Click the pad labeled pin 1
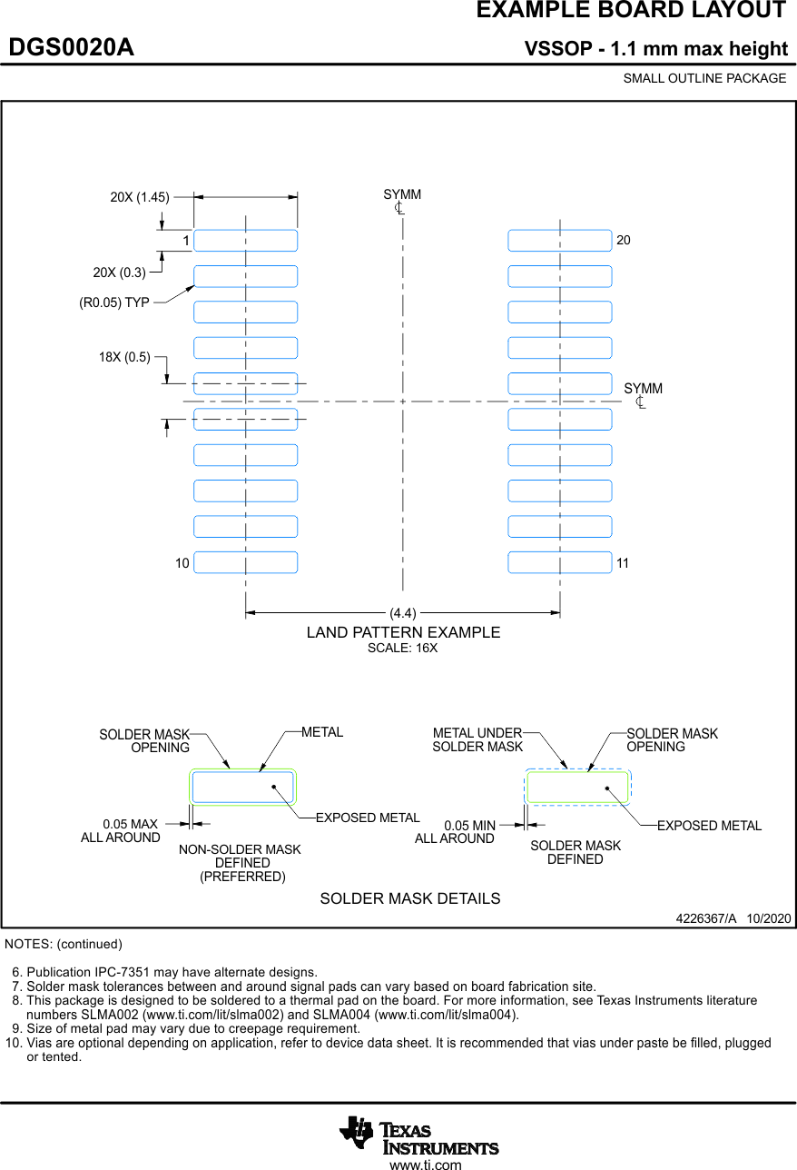pyautogui.click(x=245, y=241)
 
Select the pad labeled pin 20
pyautogui.click(x=559, y=241)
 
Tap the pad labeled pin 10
pyautogui.click(x=245, y=562)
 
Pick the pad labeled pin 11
pyautogui.click(x=559, y=562)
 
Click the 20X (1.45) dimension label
pyautogui.click(x=140, y=196)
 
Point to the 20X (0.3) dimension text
pyautogui.click(x=119, y=273)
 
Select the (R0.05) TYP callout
pyautogui.click(x=114, y=302)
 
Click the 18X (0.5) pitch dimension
pyautogui.click(x=124, y=357)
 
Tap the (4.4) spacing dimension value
pyautogui.click(x=403, y=613)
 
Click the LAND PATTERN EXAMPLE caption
pyautogui.click(x=403, y=632)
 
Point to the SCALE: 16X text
pyautogui.click(x=402, y=649)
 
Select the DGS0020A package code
pyautogui.click(x=71, y=47)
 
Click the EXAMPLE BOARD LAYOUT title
pyautogui.click(x=631, y=11)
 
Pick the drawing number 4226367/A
pyautogui.click(x=706, y=918)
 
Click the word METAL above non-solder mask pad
pyautogui.click(x=322, y=732)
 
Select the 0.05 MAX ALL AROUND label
pyautogui.click(x=121, y=831)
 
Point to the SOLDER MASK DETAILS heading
pyautogui.click(x=409, y=898)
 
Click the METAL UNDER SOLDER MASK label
pyautogui.click(x=477, y=739)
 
